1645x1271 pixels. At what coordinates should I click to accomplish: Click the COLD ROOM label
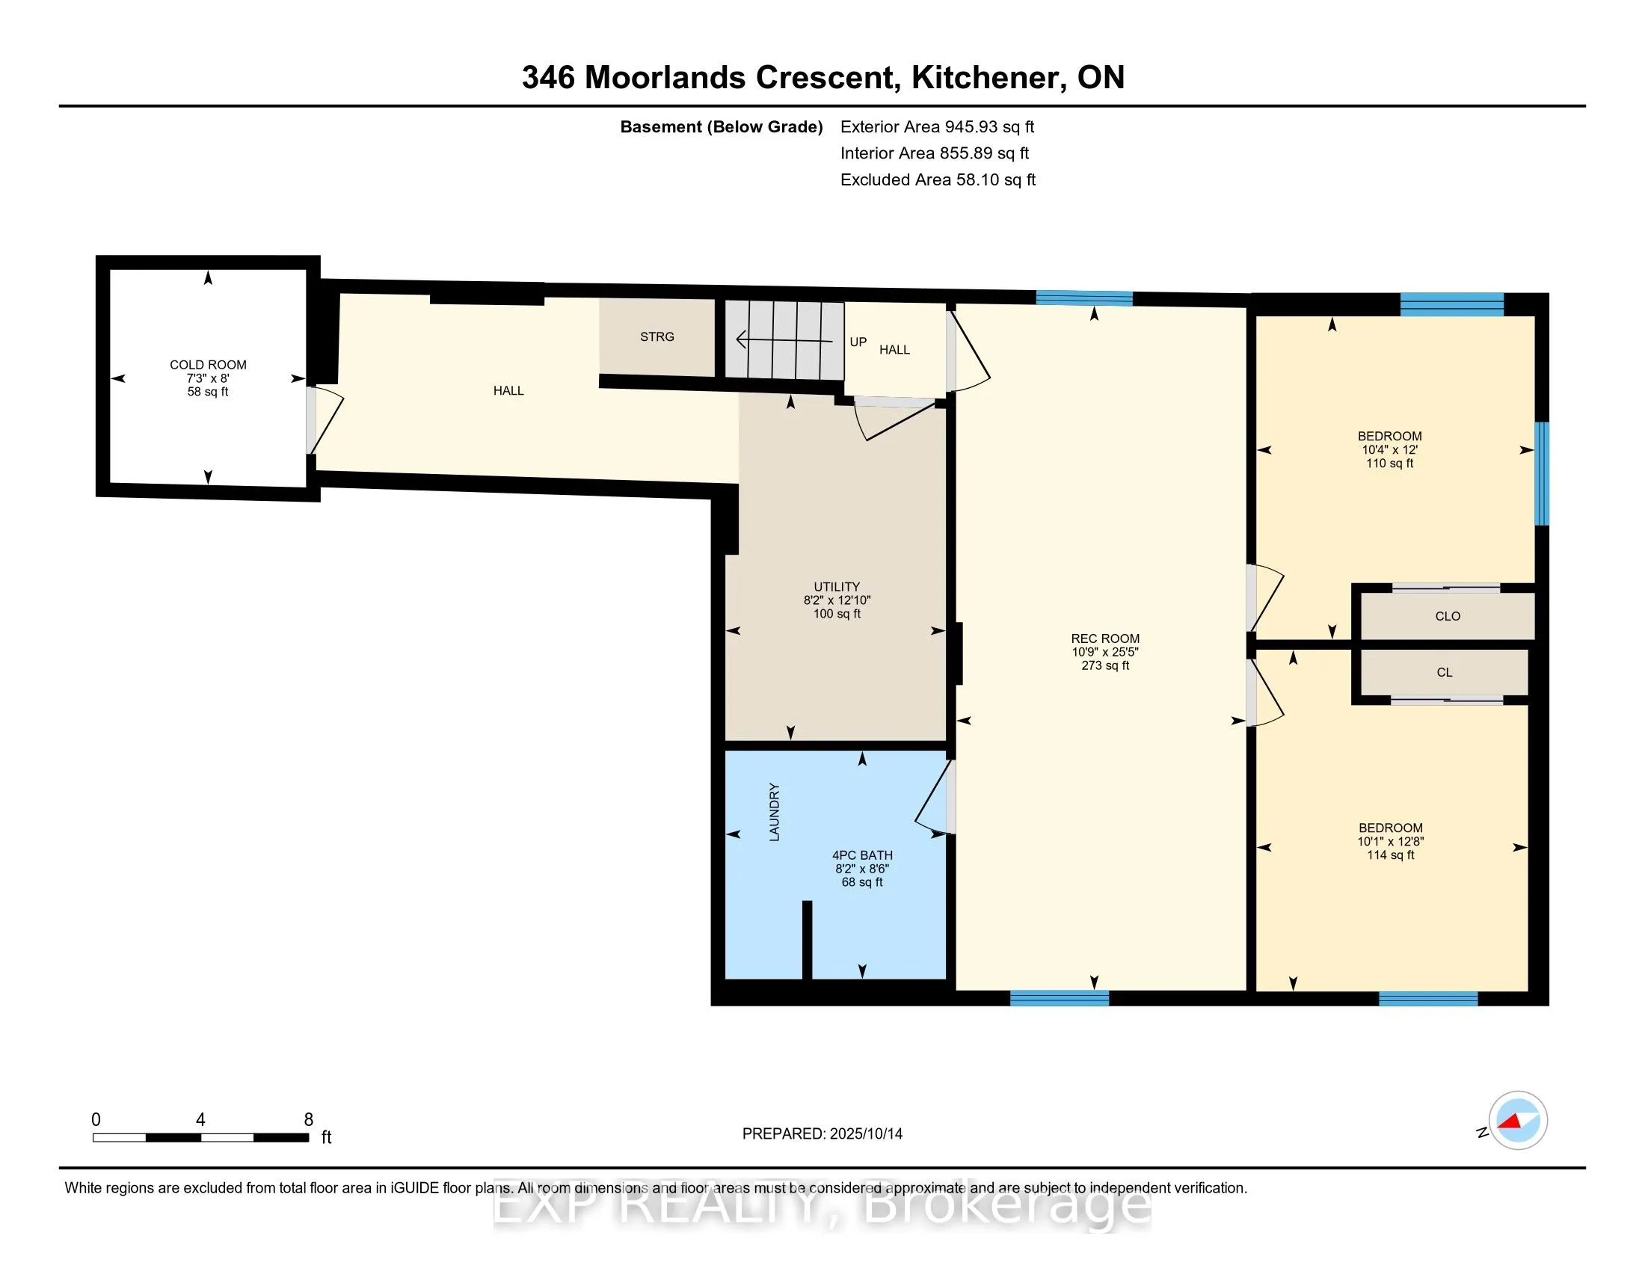tap(208, 364)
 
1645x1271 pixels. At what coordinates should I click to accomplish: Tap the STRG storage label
tap(657, 336)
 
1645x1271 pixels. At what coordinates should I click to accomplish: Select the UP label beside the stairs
tap(858, 342)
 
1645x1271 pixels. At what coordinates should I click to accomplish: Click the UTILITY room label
tap(836, 587)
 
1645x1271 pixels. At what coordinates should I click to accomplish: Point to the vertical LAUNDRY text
tap(775, 812)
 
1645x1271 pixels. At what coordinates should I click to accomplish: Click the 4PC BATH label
tap(862, 855)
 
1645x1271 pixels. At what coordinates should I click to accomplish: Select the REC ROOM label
tap(1105, 638)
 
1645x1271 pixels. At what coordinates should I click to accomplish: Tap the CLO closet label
tap(1447, 616)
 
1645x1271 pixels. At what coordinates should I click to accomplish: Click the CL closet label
tap(1444, 672)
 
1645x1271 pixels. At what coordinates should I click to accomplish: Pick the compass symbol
tap(1517, 1121)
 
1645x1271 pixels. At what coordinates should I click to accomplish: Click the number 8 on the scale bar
tap(308, 1120)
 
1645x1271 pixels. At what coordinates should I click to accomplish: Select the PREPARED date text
tap(822, 1133)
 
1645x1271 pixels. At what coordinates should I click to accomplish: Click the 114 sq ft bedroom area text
tap(1391, 855)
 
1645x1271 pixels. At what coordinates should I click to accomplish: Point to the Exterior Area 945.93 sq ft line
tap(937, 126)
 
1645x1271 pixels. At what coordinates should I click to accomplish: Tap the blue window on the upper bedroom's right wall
tap(1542, 473)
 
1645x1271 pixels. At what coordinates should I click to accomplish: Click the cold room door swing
tap(326, 422)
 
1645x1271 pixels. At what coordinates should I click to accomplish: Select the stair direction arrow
tap(784, 341)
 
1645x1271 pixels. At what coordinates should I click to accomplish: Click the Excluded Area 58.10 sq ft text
tap(938, 179)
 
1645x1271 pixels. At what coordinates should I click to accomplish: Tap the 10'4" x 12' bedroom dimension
tap(1390, 449)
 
